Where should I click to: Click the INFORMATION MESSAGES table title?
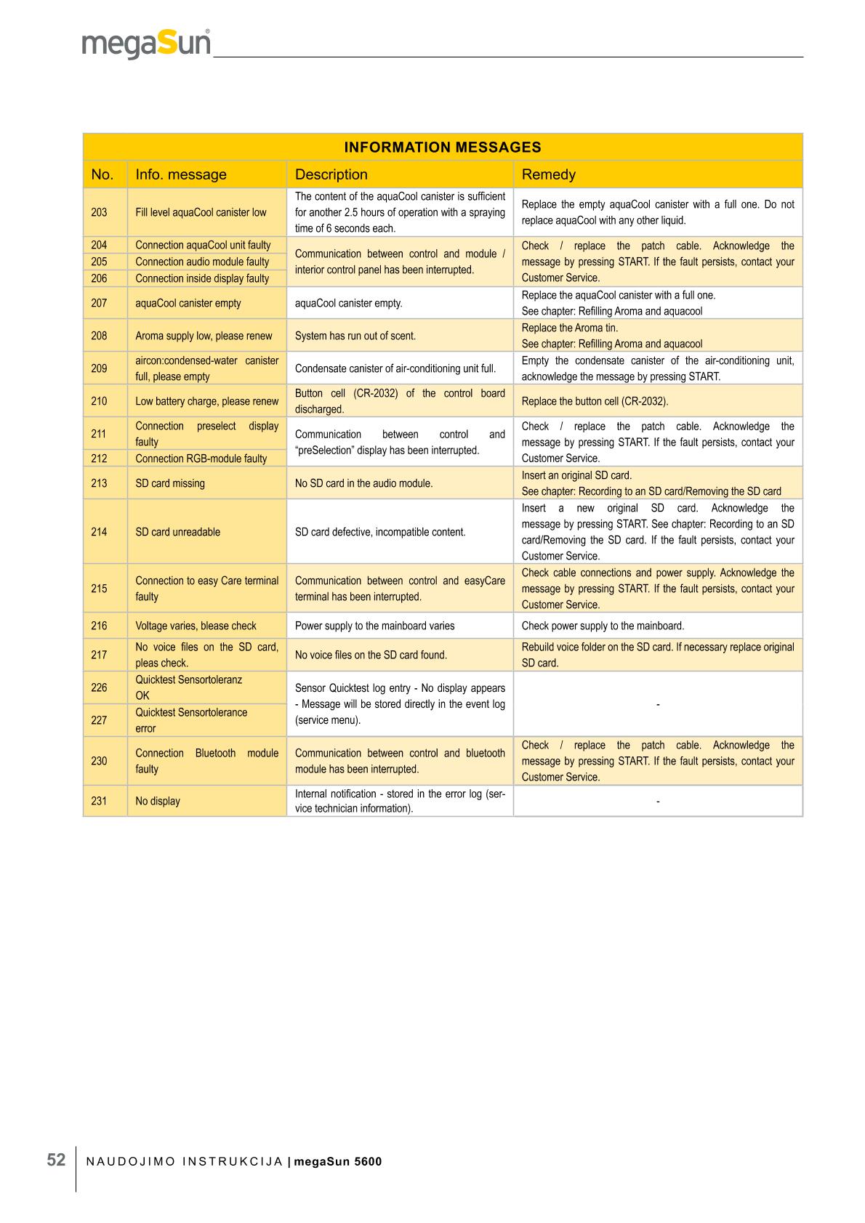[442, 148]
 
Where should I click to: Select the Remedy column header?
[548, 174]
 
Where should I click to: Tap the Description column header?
[331, 174]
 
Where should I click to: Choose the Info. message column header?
[180, 174]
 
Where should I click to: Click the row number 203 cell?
[99, 212]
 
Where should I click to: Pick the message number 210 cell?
[99, 401]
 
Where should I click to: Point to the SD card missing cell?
[170, 483]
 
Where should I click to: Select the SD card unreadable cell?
[177, 532]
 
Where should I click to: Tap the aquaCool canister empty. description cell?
[348, 303]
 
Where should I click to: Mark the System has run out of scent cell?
[355, 336]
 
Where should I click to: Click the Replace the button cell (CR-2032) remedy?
[595, 401]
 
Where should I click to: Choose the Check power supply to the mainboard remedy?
[603, 626]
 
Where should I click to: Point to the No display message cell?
[158, 801]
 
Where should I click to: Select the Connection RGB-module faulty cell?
[201, 459]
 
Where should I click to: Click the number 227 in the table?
[99, 720]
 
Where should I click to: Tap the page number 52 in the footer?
[56, 1160]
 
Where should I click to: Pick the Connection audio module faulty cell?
[202, 262]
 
